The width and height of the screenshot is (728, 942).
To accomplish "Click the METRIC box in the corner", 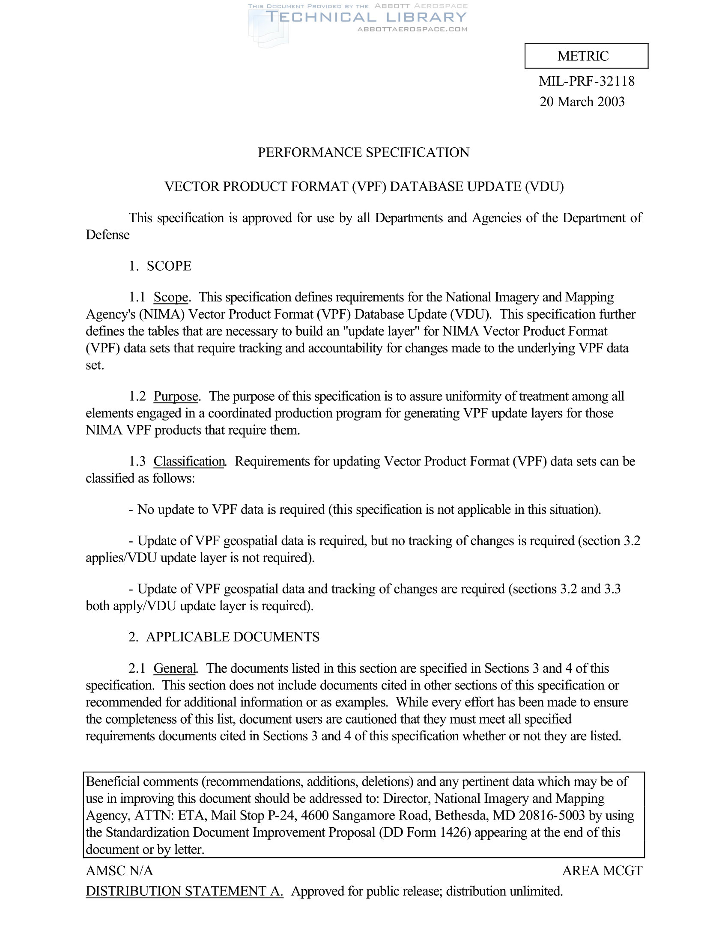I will click(586, 56).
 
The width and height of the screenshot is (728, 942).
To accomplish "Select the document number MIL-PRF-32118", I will click(587, 81).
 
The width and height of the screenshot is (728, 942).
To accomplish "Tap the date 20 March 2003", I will click(582, 102).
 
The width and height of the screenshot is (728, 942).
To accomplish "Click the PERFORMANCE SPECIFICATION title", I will click(363, 153).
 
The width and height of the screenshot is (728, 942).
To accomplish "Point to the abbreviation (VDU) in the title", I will click(544, 187).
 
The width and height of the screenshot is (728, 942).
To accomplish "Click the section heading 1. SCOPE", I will click(160, 266).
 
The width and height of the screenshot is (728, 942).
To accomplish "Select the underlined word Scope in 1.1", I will click(171, 297).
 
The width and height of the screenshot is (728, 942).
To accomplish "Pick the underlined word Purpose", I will click(176, 396).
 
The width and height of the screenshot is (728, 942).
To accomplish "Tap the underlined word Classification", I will click(189, 462).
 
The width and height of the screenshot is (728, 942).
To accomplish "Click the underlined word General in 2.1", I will click(175, 668).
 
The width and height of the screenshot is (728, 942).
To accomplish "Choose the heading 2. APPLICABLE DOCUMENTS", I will click(224, 637).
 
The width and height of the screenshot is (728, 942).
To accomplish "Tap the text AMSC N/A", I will click(119, 871).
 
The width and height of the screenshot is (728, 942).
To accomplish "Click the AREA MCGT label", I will click(602, 871).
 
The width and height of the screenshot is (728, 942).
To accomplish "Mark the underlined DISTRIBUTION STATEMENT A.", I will click(185, 891).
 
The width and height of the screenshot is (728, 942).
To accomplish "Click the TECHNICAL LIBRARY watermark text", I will click(366, 17).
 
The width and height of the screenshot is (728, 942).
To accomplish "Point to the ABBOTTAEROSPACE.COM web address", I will click(412, 29).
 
